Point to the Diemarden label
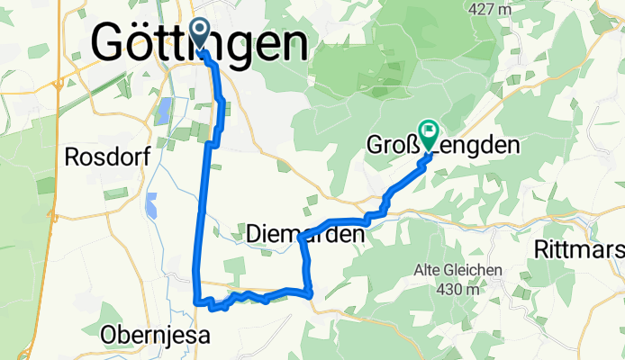tap(306, 236)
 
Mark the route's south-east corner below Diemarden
tap(310, 292)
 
